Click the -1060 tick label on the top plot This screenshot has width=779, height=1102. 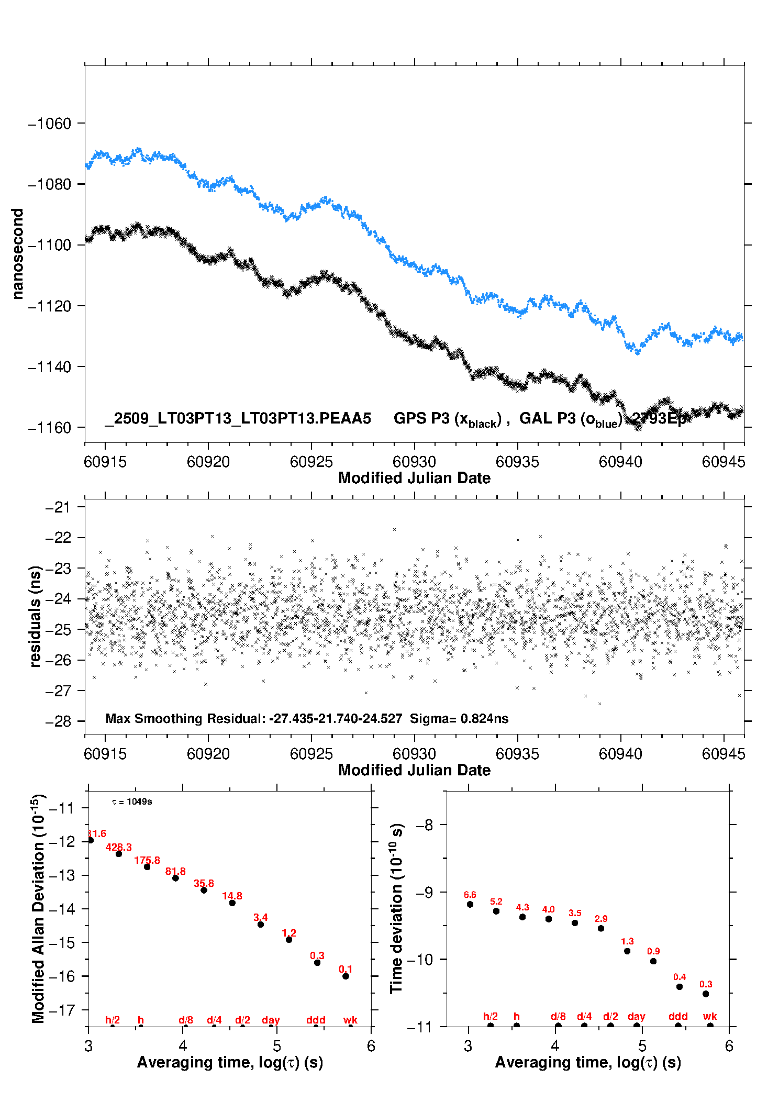pyautogui.click(x=49, y=124)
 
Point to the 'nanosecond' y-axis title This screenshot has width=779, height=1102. pyautogui.click(x=17, y=254)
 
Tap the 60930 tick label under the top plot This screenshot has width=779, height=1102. pyautogui.click(x=414, y=462)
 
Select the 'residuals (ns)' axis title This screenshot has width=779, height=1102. pyautogui.click(x=35, y=616)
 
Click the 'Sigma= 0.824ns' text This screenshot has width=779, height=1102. pyautogui.click(x=459, y=719)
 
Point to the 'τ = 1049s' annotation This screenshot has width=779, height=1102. pyautogui.click(x=132, y=802)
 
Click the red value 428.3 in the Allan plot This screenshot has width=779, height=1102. pyautogui.click(x=119, y=847)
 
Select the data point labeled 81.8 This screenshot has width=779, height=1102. pyautogui.click(x=175, y=878)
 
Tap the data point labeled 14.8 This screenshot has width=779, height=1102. pyautogui.click(x=232, y=903)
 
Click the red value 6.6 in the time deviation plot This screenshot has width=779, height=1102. pyautogui.click(x=470, y=895)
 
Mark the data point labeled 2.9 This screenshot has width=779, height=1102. pyautogui.click(x=601, y=928)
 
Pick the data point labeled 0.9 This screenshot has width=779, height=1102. pyautogui.click(x=653, y=961)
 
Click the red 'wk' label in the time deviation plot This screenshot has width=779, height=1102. pyautogui.click(x=710, y=1016)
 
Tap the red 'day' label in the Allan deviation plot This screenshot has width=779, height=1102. pyautogui.click(x=271, y=1020)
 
